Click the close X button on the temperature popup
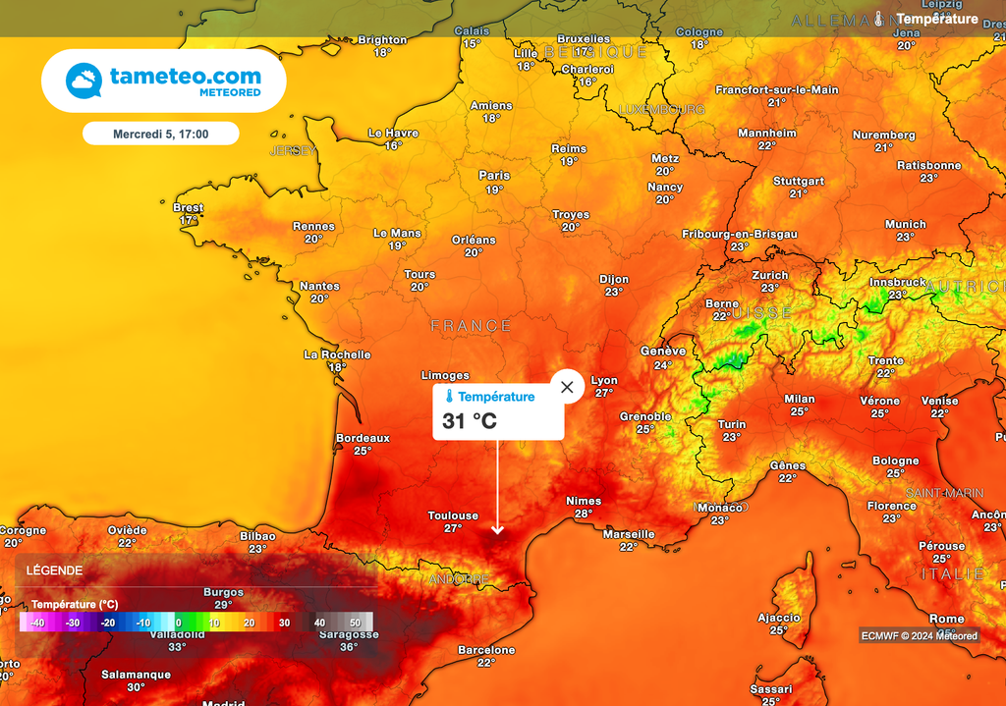(x=567, y=387)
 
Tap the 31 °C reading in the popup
(x=470, y=421)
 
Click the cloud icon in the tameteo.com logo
(x=84, y=81)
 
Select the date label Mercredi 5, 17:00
(x=160, y=133)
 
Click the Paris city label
(x=494, y=176)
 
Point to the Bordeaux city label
(x=363, y=438)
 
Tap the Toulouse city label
(x=453, y=516)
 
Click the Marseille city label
(x=629, y=534)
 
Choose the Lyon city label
(x=604, y=380)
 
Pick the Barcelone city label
(x=486, y=650)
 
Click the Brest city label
(x=188, y=208)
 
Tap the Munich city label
(x=905, y=224)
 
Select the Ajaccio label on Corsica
(x=778, y=618)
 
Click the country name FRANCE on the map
(x=472, y=326)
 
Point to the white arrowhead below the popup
(x=497, y=530)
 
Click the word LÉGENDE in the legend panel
(x=54, y=570)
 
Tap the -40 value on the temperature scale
(x=37, y=623)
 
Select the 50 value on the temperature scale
(x=355, y=623)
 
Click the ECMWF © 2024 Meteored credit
(x=920, y=635)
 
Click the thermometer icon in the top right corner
(x=879, y=19)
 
